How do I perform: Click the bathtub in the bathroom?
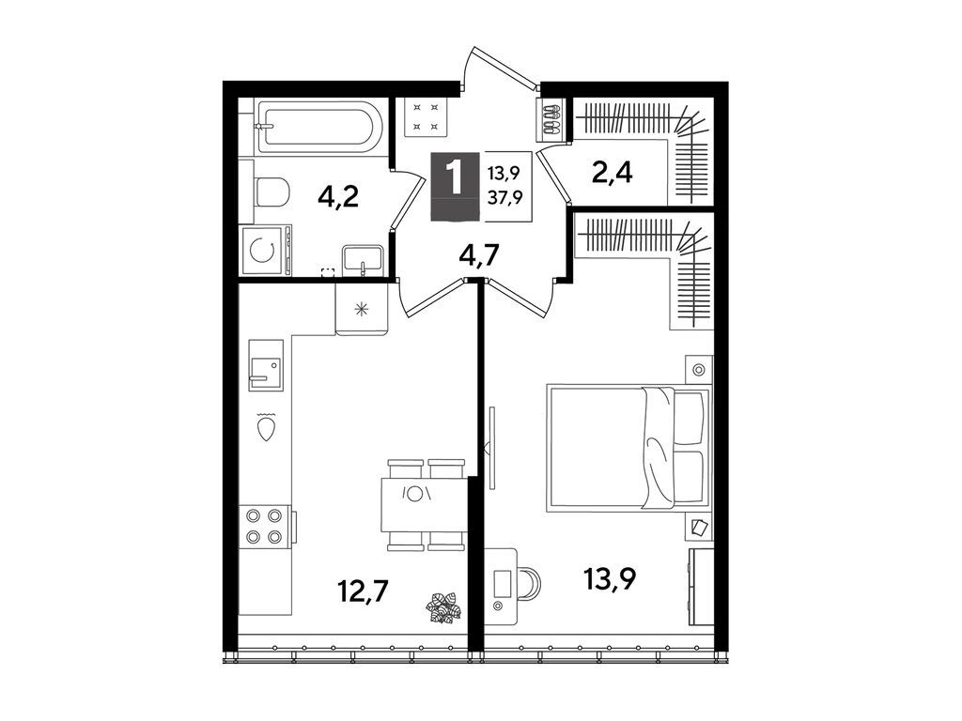click(x=318, y=127)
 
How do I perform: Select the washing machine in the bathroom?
click(x=266, y=252)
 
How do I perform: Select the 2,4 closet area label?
click(x=611, y=174)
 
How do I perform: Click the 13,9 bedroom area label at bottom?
click(x=612, y=579)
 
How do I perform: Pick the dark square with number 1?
click(x=456, y=182)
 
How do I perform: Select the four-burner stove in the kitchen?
click(x=264, y=526)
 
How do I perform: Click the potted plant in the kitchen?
click(x=443, y=607)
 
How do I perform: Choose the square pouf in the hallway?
click(x=422, y=117)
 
